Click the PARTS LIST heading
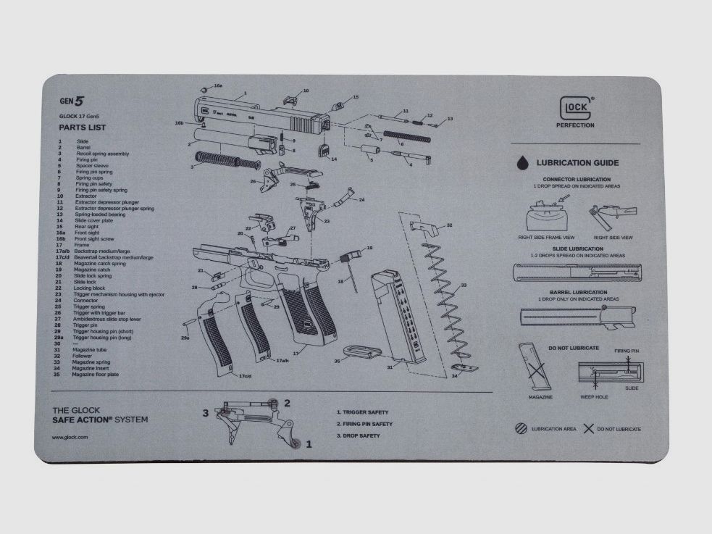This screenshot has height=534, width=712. [83, 128]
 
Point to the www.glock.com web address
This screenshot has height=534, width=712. [70, 437]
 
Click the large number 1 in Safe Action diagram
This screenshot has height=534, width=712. [309, 444]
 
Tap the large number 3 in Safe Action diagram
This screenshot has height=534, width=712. [206, 413]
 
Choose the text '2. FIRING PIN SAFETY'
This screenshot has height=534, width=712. [364, 424]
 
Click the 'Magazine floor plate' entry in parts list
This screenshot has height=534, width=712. [95, 375]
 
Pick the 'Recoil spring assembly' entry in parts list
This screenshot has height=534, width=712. [102, 154]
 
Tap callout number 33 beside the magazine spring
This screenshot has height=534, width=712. [464, 285]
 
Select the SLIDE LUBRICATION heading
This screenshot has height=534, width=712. [577, 249]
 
